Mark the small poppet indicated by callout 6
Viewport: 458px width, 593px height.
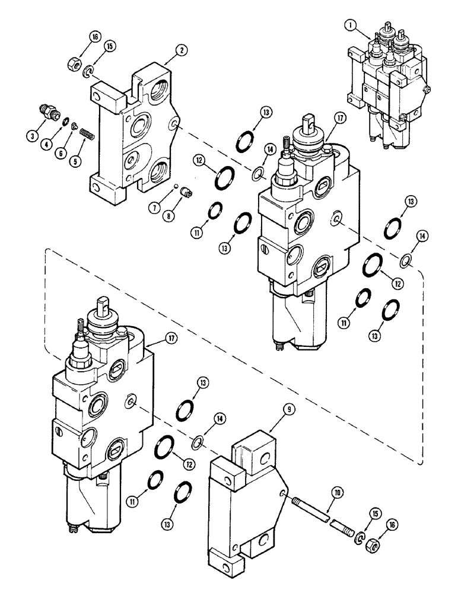pyautogui.click(x=74, y=125)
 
